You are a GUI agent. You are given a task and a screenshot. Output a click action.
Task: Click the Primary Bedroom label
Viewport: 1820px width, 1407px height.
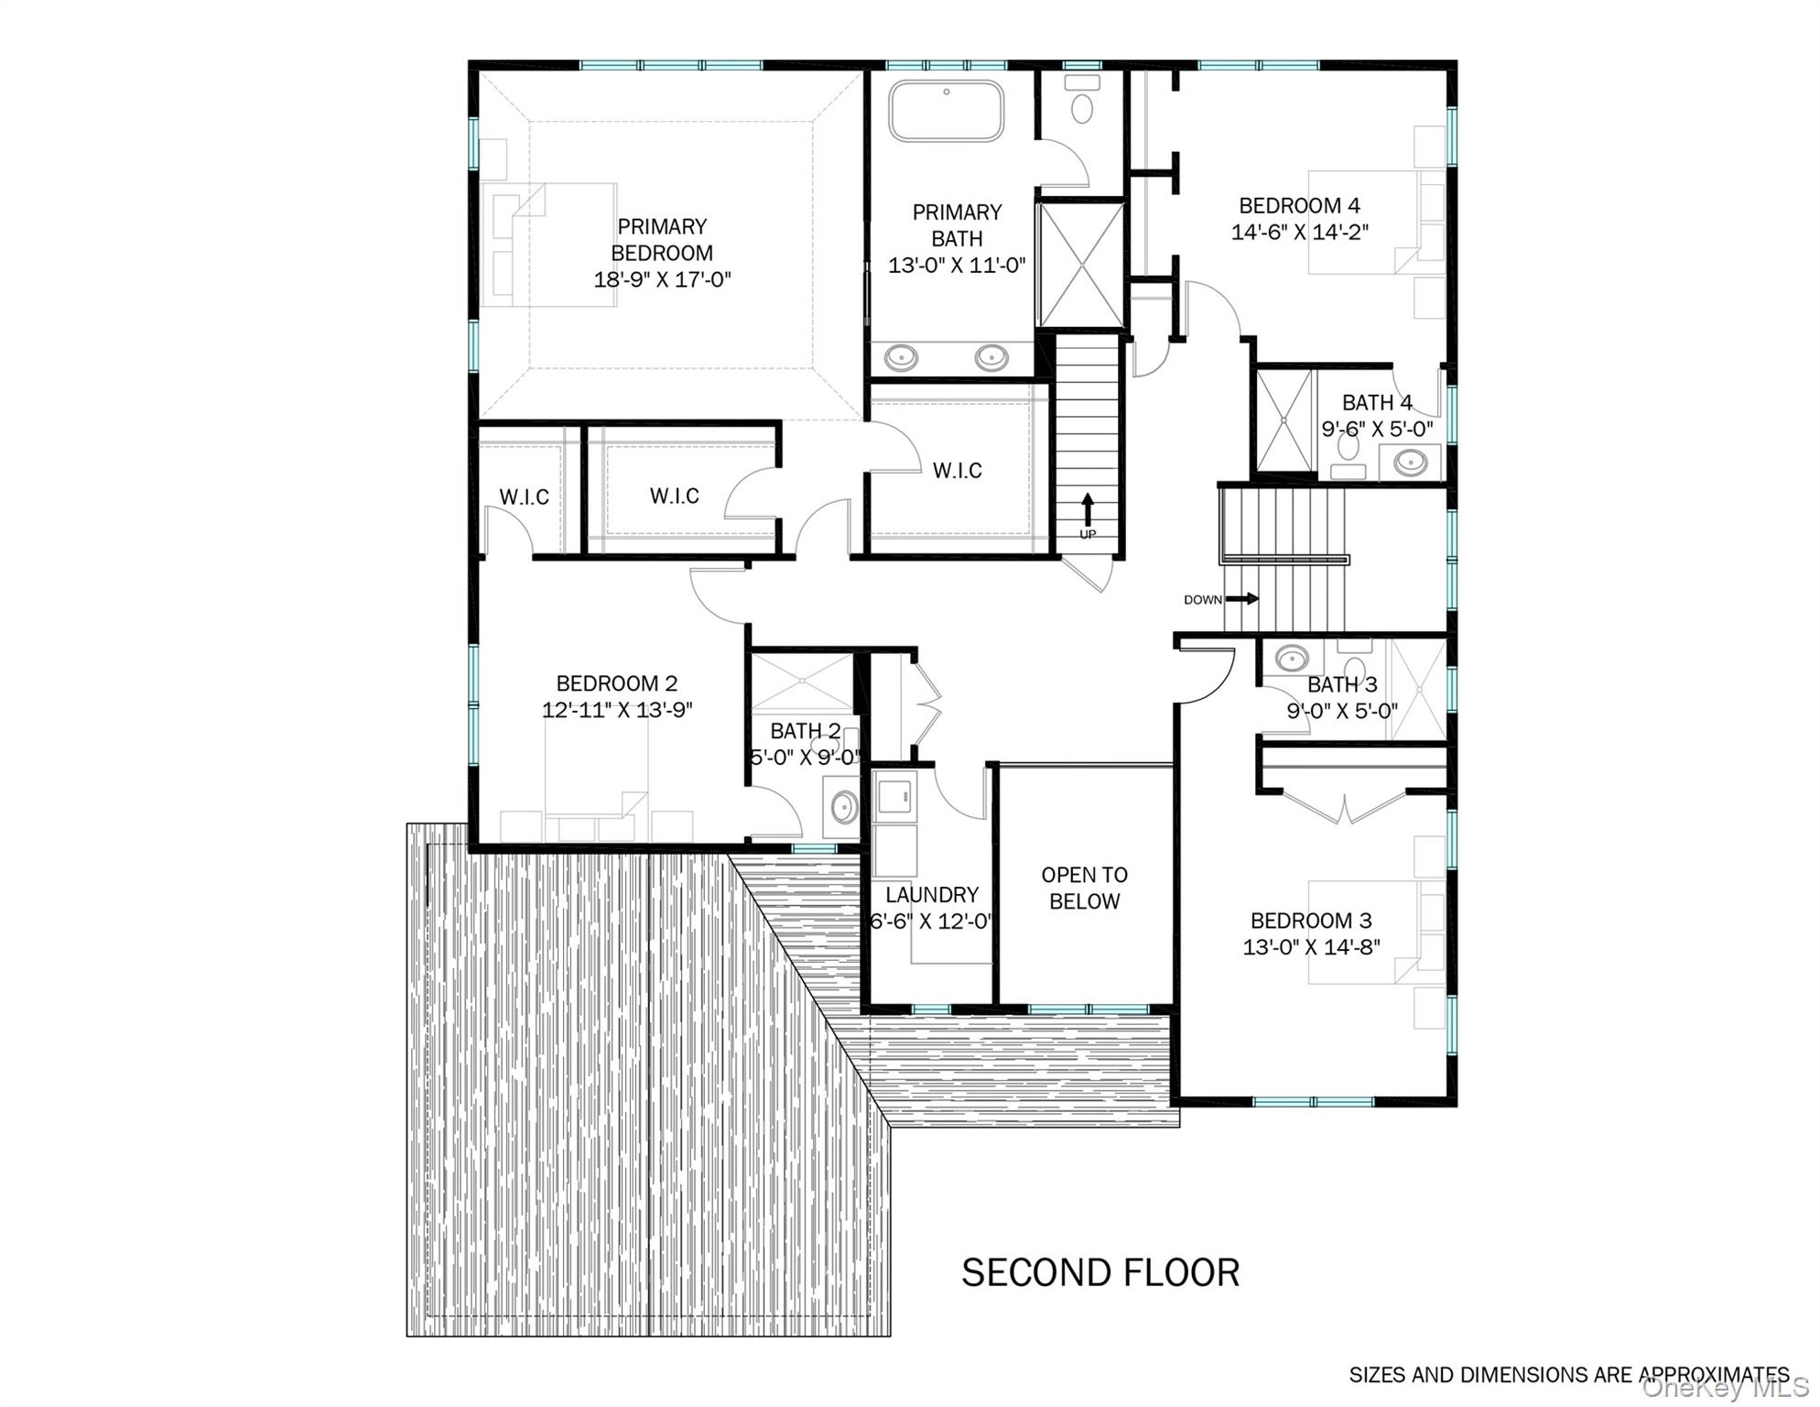click(662, 240)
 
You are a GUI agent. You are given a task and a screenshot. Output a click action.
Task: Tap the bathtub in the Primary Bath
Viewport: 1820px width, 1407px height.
click(946, 112)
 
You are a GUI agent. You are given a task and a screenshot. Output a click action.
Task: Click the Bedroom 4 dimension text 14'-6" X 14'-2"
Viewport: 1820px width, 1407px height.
click(1299, 233)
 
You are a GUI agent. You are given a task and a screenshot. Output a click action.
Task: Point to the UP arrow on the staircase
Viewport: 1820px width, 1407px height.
click(1088, 508)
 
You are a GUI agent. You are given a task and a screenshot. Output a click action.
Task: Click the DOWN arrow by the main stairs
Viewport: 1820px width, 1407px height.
click(1241, 599)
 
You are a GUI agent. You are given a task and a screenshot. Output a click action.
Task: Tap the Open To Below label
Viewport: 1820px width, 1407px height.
click(1084, 888)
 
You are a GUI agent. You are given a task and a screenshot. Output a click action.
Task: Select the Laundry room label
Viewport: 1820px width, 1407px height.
click(931, 895)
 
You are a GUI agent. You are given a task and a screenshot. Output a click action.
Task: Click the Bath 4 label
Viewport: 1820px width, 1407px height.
click(1376, 402)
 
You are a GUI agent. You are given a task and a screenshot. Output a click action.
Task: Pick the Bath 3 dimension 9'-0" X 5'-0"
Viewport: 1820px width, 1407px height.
click(1342, 711)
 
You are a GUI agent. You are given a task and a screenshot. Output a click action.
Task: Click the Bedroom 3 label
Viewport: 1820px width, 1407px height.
click(1311, 921)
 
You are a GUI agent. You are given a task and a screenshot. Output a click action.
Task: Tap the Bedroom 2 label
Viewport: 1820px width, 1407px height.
click(616, 683)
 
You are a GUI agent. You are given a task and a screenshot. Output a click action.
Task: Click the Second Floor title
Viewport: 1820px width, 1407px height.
click(1100, 1272)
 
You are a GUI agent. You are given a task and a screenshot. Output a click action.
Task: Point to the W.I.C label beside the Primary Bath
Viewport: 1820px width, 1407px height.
click(957, 471)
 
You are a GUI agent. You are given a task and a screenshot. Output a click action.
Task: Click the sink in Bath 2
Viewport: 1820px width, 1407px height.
click(843, 807)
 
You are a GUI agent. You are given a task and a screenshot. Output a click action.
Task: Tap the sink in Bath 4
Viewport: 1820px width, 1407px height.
click(1410, 461)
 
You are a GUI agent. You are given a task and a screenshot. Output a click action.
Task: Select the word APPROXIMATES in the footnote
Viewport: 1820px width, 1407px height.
click(1713, 1375)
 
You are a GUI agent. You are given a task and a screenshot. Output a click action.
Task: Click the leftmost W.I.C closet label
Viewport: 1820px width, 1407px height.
click(524, 497)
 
